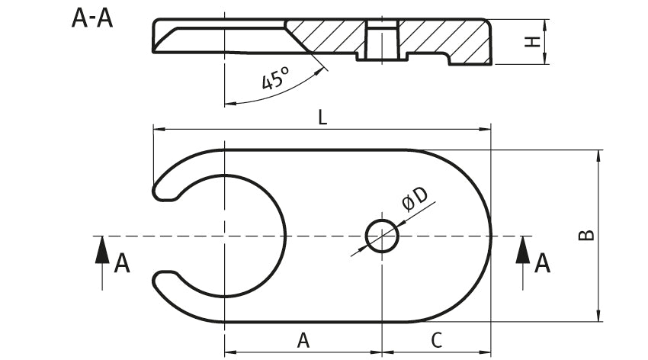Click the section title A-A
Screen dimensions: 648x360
[92, 18]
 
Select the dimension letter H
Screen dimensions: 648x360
[533, 42]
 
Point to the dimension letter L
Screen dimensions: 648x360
[322, 118]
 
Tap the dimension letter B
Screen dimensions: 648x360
[586, 235]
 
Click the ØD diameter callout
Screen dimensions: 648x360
[415, 199]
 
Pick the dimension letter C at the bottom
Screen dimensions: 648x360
[436, 340]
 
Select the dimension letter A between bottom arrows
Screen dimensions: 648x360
[303, 340]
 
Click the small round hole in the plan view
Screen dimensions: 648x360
[382, 236]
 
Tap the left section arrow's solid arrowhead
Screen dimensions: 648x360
[102, 250]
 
